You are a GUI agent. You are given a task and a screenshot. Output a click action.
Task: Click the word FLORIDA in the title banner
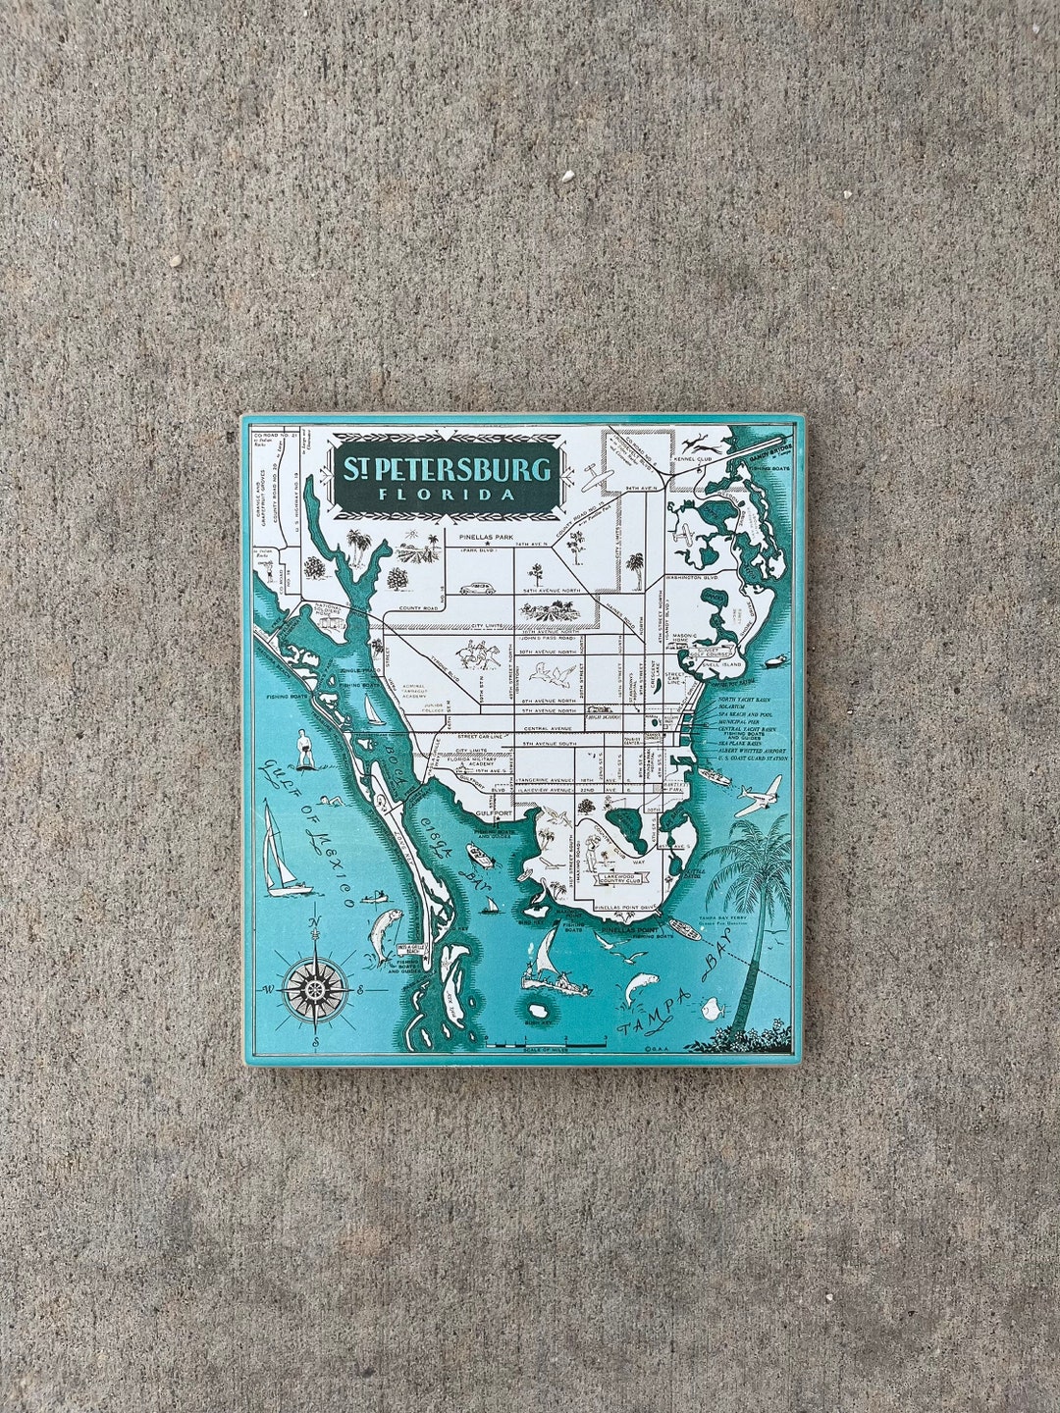point(448,494)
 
